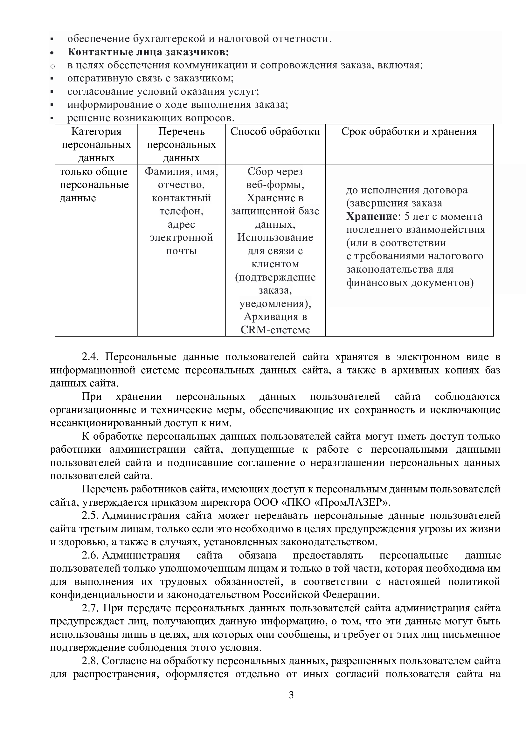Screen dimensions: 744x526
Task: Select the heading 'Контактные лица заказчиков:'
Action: (148, 52)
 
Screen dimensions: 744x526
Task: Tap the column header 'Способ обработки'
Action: (275, 132)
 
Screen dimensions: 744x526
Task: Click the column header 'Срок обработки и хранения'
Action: (409, 132)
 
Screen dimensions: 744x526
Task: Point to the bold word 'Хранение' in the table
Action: (371, 217)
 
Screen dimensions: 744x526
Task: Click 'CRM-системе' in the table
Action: (275, 330)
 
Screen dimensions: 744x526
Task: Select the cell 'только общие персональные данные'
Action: (94, 185)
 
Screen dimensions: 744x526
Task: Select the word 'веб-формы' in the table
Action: (275, 185)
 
